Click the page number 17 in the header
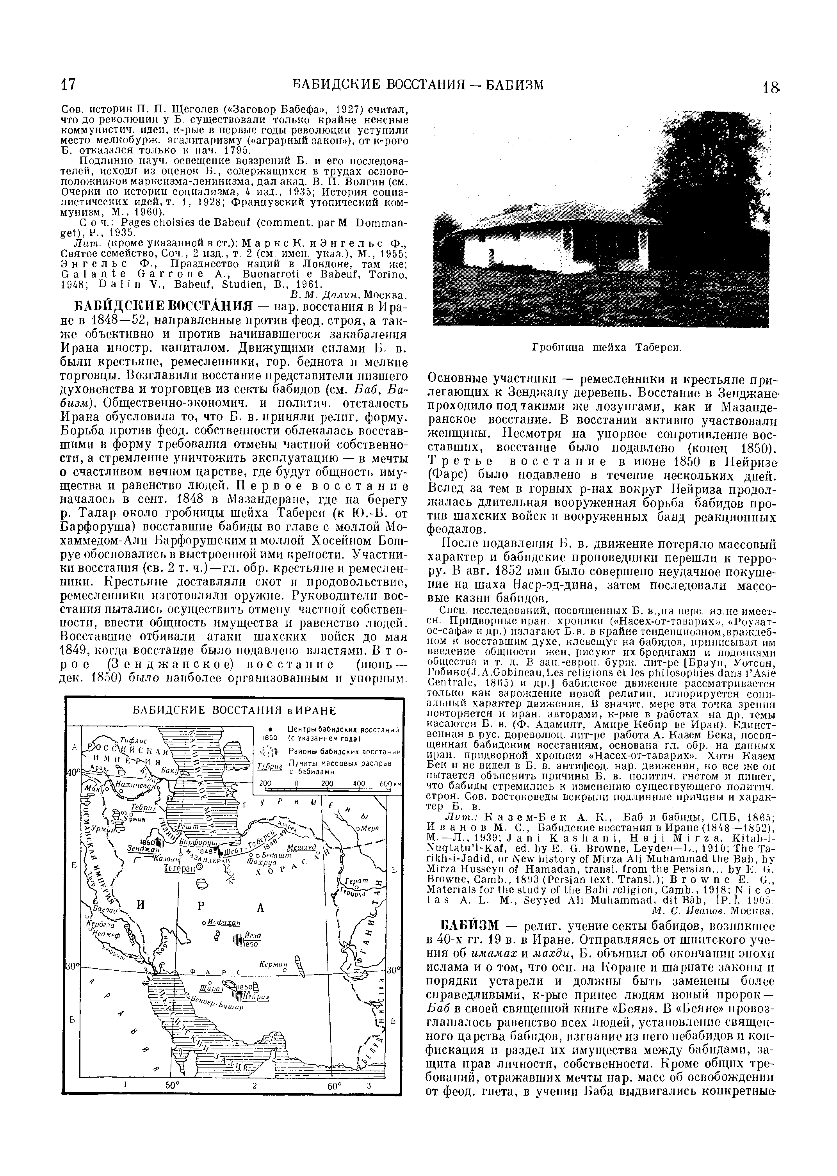click(69, 85)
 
